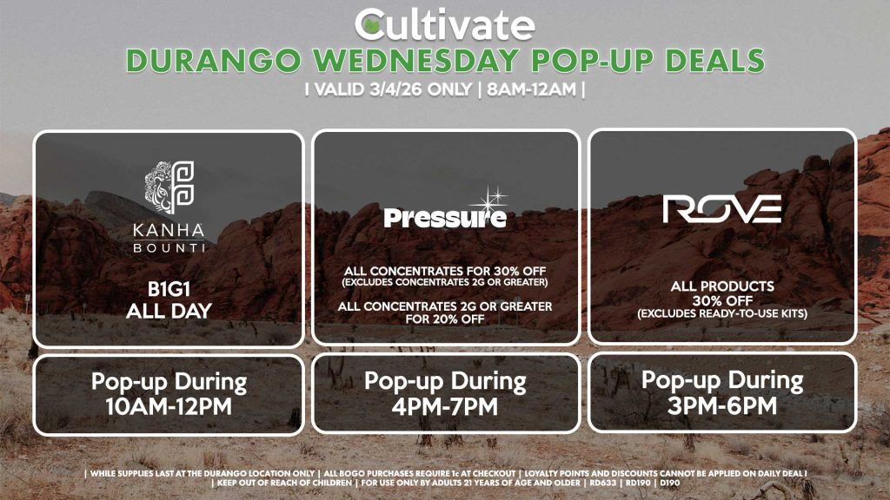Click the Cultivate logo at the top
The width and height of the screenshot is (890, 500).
tap(444, 23)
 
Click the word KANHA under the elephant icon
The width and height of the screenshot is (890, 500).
tap(169, 231)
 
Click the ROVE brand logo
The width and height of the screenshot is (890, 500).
tap(721, 209)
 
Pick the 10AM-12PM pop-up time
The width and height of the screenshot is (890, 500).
tap(169, 405)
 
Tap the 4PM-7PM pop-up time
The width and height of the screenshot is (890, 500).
tap(445, 405)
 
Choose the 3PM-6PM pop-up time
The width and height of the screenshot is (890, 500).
tap(721, 405)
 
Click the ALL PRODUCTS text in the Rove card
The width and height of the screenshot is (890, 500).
tap(721, 286)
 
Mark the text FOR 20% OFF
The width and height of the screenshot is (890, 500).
tap(445, 319)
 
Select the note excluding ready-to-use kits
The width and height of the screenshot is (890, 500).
tap(721, 312)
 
